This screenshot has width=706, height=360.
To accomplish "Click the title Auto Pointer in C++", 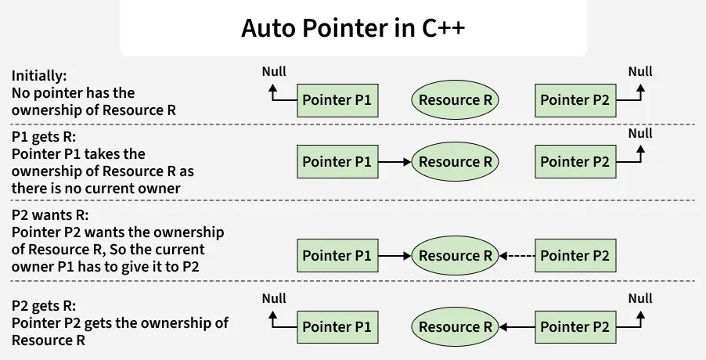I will click(x=352, y=29).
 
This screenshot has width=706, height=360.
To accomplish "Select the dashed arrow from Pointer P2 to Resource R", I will click(x=517, y=255).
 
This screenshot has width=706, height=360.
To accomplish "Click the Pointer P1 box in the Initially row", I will click(x=337, y=100).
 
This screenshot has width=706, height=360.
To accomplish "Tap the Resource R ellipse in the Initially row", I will click(x=455, y=100).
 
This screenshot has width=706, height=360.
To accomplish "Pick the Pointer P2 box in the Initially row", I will click(x=575, y=100).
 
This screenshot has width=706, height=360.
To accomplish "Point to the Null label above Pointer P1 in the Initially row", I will click(x=274, y=71).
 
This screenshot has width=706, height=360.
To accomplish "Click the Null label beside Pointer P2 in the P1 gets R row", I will click(x=639, y=133).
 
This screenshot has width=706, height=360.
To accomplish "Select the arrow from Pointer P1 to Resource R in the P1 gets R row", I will click(x=394, y=162).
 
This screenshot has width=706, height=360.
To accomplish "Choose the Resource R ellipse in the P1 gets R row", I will click(x=455, y=162).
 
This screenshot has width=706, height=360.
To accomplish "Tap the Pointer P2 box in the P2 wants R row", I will click(x=575, y=255).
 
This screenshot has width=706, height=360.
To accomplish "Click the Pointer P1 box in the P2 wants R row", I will click(x=337, y=255).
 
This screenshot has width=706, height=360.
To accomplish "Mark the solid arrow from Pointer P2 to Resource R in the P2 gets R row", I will click(x=517, y=326).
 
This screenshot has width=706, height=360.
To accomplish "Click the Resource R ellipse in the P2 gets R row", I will click(x=455, y=326).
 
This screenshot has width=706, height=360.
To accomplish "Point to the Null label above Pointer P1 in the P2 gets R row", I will click(x=274, y=298).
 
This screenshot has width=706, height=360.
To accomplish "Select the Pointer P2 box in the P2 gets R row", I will click(x=575, y=326).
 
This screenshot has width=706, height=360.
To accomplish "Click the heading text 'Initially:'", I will click(x=39, y=76).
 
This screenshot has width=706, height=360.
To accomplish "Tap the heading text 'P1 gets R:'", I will click(x=43, y=136).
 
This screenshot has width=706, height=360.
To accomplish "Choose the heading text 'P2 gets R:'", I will click(x=44, y=306).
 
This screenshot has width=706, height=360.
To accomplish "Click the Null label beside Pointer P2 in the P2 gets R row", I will click(x=639, y=298).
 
